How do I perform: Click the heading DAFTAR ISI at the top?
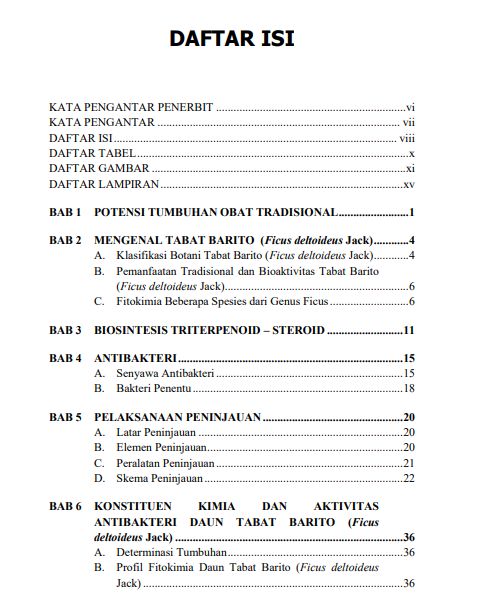(x=231, y=39)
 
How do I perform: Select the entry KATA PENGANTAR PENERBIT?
(x=131, y=105)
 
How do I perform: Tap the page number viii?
(x=406, y=137)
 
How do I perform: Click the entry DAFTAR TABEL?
(x=92, y=153)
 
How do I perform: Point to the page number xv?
(x=408, y=185)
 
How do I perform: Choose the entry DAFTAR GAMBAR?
(x=98, y=169)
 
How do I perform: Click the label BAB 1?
(x=65, y=213)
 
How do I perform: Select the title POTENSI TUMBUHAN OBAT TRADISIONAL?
(x=215, y=213)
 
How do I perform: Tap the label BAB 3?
(x=65, y=330)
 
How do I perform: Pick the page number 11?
(x=408, y=330)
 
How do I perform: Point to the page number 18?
(x=408, y=389)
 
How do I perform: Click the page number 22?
(x=408, y=479)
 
